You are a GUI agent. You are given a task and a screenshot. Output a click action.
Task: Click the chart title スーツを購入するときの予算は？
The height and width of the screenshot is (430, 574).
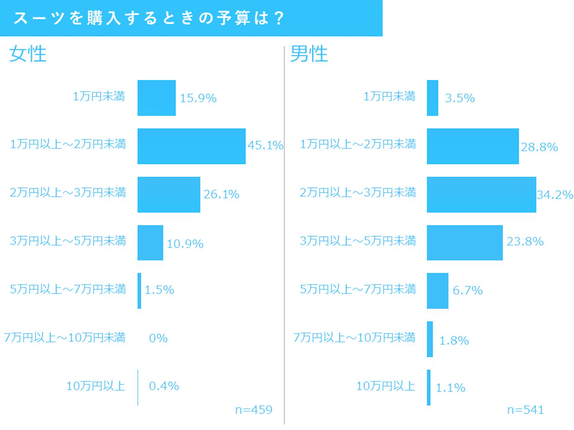coord(149,18)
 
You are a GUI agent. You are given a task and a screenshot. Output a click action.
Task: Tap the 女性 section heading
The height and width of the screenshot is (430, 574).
coord(28,54)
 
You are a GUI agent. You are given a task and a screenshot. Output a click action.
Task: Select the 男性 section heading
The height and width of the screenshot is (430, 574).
coord(309,54)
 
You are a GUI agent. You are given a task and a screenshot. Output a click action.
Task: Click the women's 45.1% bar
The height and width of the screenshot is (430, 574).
coord(191,146)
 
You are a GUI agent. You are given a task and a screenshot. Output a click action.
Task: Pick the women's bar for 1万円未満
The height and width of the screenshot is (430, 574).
coord(156,98)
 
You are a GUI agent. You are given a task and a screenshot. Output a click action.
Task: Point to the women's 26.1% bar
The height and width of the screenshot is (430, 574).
coord(169,194)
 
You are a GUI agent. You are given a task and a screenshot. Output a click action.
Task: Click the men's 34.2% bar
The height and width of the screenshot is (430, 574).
coord(481,194)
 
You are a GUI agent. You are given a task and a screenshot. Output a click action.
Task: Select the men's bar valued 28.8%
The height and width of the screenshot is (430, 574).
coord(473,146)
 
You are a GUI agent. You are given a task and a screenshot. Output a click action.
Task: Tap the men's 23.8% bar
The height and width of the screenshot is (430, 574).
coord(465,243)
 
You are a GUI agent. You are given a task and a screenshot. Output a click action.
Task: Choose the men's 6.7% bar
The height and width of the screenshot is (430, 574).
coord(437,291)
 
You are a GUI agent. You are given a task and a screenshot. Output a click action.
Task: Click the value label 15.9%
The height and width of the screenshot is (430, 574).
coord(198,98)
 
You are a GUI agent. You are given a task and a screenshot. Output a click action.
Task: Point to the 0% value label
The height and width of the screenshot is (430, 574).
coord(158,338)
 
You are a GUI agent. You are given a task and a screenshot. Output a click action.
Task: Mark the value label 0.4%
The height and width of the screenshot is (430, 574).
coord(164,386)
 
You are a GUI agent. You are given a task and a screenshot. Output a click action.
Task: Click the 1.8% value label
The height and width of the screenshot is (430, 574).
coord(454,341)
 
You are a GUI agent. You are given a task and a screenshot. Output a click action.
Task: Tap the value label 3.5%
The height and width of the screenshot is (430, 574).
coord(460,98)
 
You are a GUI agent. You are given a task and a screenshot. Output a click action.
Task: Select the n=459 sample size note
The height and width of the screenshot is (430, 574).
coord(253,410)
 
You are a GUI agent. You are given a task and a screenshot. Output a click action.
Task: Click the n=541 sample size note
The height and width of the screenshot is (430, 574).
coord(526,410)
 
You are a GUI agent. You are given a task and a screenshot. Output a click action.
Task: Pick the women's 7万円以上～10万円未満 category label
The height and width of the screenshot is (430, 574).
coord(65,338)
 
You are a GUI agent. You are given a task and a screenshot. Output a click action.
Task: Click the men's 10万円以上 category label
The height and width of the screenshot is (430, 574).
coord(386,386)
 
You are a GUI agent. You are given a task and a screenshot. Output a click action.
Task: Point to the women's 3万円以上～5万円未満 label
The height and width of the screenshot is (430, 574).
coord(68,241)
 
